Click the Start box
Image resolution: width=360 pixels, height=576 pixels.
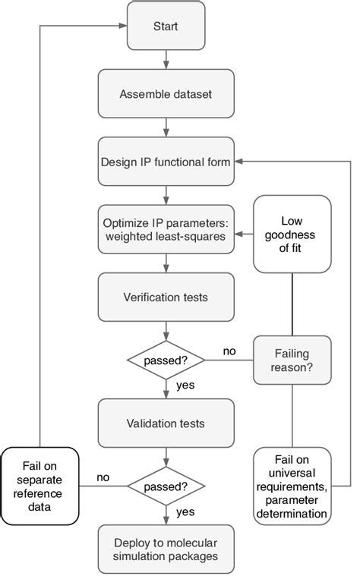tap(166, 27)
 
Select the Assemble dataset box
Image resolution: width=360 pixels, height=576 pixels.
tap(166, 95)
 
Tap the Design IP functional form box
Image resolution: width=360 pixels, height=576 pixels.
tap(166, 162)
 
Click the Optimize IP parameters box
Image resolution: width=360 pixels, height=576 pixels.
tap(166, 228)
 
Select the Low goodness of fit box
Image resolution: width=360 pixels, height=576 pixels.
tap(292, 234)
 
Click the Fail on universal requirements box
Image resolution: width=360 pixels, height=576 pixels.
tap(292, 486)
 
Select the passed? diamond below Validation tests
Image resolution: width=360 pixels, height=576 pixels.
tap(166, 485)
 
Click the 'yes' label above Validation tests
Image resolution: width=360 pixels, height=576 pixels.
tap(186, 385)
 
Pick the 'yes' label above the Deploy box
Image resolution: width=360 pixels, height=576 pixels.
tap(186, 512)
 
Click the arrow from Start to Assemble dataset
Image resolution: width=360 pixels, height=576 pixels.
tap(166, 61)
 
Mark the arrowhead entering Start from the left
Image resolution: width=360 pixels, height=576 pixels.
tap(121, 27)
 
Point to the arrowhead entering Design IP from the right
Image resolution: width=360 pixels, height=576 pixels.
tap(238, 162)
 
